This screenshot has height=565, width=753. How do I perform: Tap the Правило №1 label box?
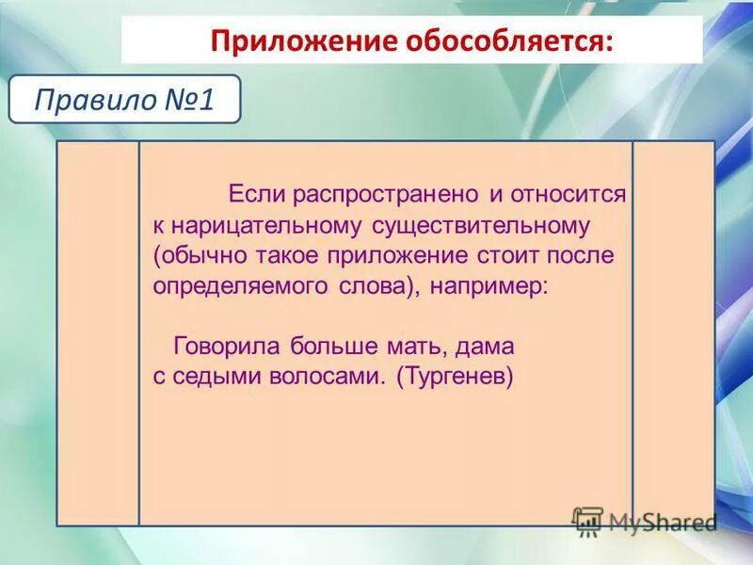125,100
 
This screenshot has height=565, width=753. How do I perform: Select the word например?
489,286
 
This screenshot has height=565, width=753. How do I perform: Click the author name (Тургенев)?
455,377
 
